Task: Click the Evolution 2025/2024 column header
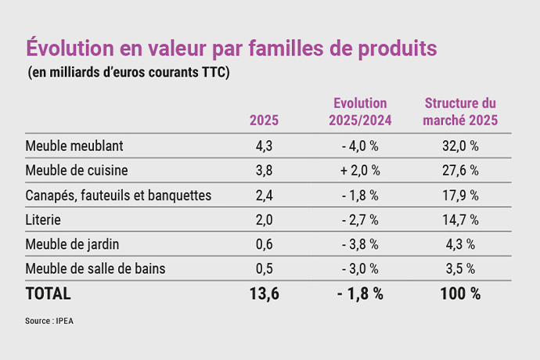pos(360,112)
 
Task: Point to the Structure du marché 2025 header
pos(460,112)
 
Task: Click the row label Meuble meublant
pos(74,146)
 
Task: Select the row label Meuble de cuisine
pos(77,171)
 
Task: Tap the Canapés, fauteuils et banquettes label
pos(118,196)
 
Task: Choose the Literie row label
pos(43,220)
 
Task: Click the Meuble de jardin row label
pos(72,244)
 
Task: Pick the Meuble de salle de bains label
pos(95,268)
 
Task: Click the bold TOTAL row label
pos(49,294)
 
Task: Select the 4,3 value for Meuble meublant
pos(264,146)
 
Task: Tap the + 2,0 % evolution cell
pos(360,171)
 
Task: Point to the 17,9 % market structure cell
pos(460,196)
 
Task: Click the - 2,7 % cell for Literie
pos(360,220)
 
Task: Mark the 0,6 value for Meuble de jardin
pos(264,244)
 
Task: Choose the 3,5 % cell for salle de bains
pos(460,268)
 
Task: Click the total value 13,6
pos(264,294)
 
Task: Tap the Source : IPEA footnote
pos(50,321)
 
